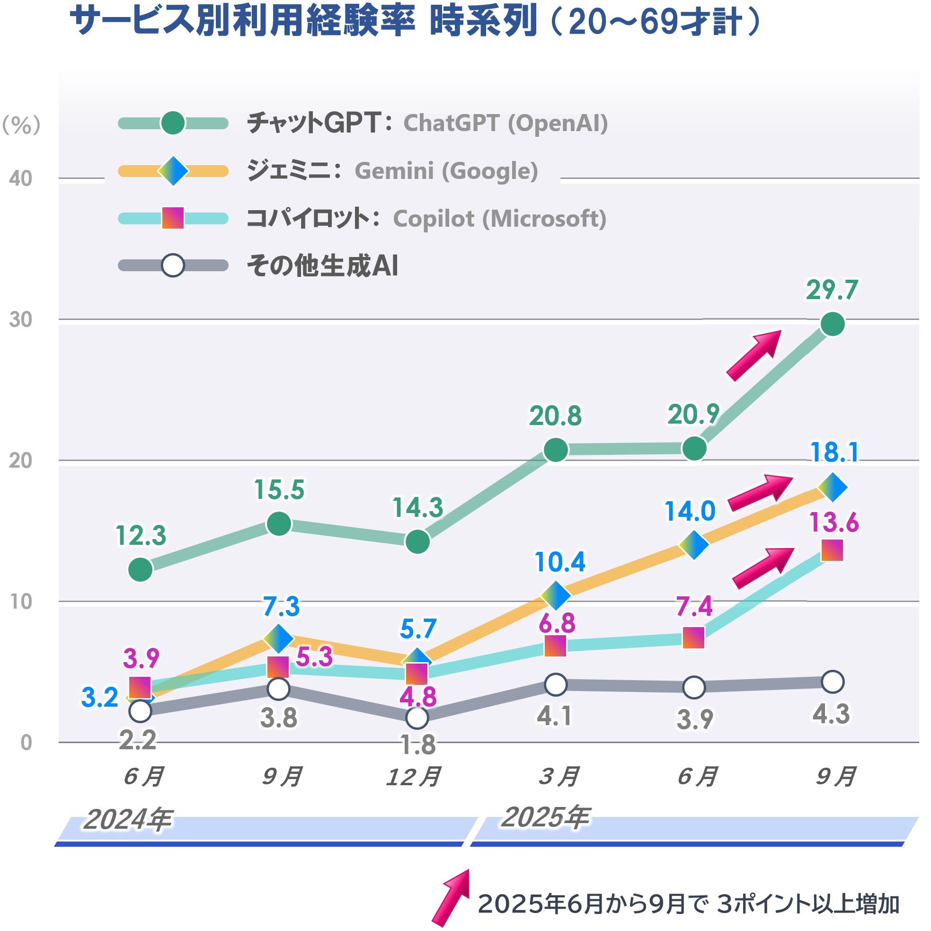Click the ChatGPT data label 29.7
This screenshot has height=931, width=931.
[x=832, y=290]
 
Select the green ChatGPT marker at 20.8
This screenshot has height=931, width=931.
[x=556, y=450]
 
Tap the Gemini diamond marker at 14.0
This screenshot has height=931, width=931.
[x=693, y=545]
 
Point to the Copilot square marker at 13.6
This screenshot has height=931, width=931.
[x=832, y=550]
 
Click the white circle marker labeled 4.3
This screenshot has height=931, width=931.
[x=832, y=682]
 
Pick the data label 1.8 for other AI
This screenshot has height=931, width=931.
[x=418, y=745]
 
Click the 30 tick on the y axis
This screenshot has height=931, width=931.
[x=21, y=319]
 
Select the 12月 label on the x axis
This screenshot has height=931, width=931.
[x=414, y=777]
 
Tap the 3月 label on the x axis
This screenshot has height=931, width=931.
[x=559, y=777]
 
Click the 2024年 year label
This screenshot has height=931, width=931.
[x=128, y=820]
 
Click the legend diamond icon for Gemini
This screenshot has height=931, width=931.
[x=173, y=171]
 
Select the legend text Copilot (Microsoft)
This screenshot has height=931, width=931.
[x=499, y=219]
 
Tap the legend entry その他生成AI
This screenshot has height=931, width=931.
[x=322, y=266]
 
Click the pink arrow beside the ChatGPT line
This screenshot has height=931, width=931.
[x=754, y=355]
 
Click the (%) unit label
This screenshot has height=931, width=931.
[x=21, y=125]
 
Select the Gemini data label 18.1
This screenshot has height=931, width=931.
[x=834, y=452]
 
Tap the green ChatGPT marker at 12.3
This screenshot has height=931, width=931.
[x=140, y=569]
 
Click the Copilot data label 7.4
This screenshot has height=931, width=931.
[x=693, y=606]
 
